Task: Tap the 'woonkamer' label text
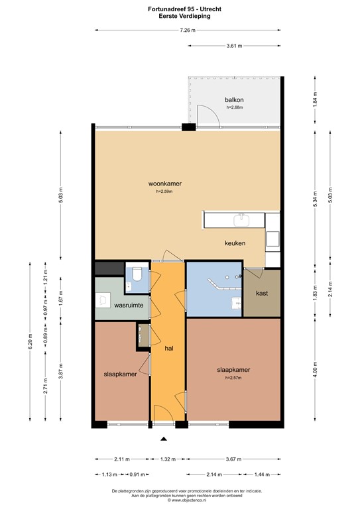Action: click(x=165, y=184)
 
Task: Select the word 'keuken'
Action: click(x=234, y=243)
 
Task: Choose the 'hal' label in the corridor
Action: click(x=168, y=347)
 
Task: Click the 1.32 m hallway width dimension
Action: click(x=168, y=459)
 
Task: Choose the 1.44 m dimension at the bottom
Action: click(x=264, y=474)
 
